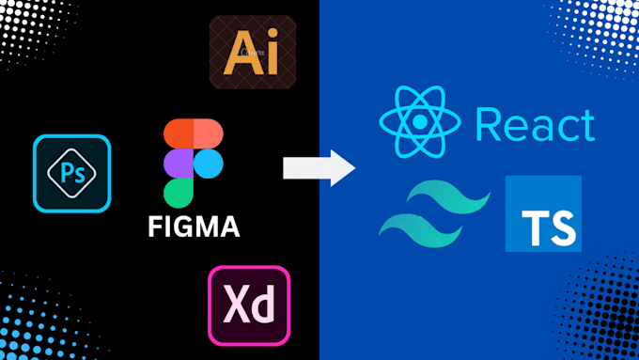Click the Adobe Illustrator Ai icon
[252, 52]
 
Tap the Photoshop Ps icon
[72, 173]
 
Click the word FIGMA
[194, 227]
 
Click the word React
[535, 125]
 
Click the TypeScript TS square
[542, 213]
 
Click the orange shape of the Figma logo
[209, 133]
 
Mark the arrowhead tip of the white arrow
[354, 168]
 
